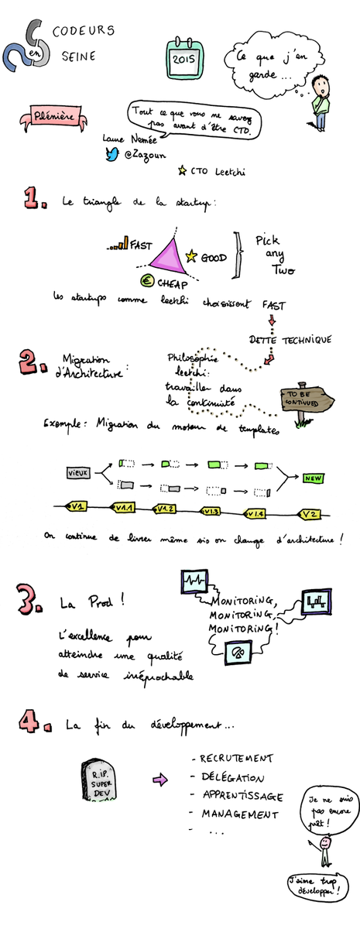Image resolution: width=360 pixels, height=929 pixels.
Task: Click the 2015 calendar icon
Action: pos(183,56)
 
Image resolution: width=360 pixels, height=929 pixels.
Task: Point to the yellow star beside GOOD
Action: pos(191,255)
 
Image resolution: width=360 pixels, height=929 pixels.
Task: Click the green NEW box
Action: pos(314,478)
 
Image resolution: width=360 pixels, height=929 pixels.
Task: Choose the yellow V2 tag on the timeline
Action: pos(310,513)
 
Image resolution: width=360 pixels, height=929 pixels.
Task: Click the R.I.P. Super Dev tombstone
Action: pos(98,780)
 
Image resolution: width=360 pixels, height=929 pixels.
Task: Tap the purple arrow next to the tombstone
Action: pos(159,780)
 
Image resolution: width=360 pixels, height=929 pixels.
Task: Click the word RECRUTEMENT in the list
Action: pos(235,759)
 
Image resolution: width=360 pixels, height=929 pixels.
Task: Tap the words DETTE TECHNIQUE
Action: pos(290,340)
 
